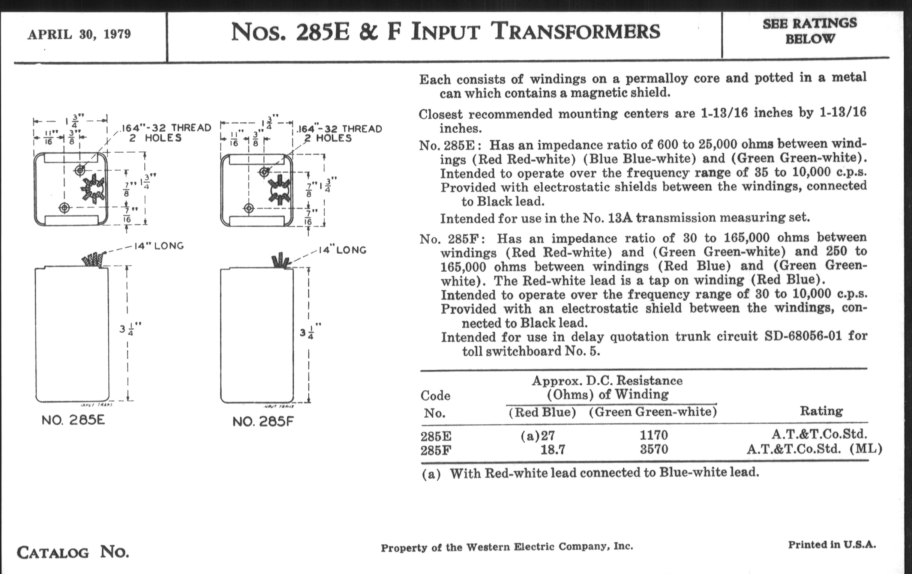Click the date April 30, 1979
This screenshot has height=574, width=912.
[79, 35]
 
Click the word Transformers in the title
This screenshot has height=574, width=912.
[576, 32]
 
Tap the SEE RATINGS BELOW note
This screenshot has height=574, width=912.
[809, 31]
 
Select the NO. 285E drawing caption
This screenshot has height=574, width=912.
[73, 420]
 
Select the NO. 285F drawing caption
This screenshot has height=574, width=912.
[263, 421]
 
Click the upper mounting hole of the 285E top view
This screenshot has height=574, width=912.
[79, 170]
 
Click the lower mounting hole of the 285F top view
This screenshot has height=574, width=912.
[249, 208]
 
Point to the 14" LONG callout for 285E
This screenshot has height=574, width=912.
[159, 246]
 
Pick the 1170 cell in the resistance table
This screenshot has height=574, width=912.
[654, 435]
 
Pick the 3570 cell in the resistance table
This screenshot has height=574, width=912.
[654, 449]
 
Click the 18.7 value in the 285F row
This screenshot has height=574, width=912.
[553, 450]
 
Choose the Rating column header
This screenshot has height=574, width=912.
[821, 411]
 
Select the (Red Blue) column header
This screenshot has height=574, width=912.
[542, 412]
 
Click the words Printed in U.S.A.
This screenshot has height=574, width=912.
[832, 545]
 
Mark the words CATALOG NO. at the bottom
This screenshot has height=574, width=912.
[73, 552]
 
